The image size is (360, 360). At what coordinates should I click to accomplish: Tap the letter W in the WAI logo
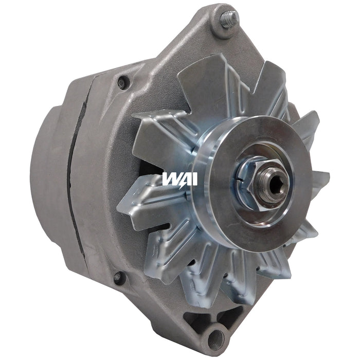pyautogui.click(x=170, y=179)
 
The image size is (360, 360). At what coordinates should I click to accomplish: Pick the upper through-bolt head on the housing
pyautogui.click(x=122, y=82)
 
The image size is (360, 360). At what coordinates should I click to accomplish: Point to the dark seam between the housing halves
pyautogui.click(x=77, y=170)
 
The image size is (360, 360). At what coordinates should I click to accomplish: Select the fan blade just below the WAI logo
pyautogui.click(x=147, y=206)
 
